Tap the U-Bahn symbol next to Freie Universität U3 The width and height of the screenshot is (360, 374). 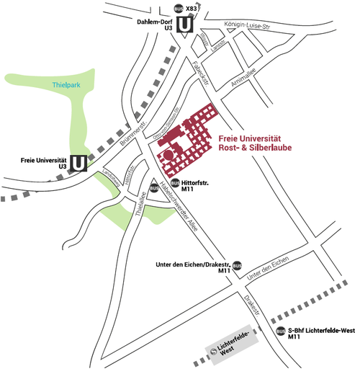point(78,164)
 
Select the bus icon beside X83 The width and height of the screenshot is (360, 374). point(179,9)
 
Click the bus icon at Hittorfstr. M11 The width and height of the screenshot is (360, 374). point(175,182)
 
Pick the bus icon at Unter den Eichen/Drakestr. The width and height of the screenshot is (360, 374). point(237,265)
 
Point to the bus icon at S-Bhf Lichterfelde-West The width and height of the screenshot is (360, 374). point(280,331)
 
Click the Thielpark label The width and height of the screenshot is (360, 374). point(66,86)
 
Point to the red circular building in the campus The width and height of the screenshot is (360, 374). point(168,154)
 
